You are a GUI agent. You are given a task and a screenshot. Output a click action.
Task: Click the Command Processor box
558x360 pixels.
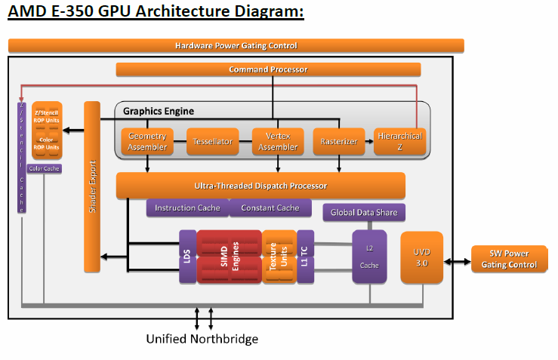coord(268,69)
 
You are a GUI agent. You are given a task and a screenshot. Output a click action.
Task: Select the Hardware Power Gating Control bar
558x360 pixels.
coord(236,45)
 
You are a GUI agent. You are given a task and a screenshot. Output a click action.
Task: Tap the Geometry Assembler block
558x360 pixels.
coord(147,141)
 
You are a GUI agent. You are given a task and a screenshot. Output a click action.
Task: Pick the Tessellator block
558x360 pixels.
coord(212,141)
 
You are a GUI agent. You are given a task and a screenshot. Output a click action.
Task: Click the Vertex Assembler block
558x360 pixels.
coord(278,141)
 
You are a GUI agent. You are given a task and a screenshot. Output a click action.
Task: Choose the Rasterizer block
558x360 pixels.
coord(338,141)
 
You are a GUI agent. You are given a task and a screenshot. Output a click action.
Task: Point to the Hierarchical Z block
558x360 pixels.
coord(399,141)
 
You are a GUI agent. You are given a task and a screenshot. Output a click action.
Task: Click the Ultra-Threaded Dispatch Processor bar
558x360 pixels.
coord(261,186)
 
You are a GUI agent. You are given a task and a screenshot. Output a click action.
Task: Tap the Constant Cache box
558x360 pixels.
coord(270,208)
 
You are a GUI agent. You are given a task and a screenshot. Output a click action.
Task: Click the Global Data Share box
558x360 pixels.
coord(364,212)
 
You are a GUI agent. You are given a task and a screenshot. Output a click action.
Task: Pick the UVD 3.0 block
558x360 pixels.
coord(421,257)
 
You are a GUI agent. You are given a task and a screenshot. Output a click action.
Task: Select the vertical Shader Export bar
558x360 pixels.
coord(92,187)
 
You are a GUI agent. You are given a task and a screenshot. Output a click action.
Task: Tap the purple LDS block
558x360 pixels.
coord(187,257)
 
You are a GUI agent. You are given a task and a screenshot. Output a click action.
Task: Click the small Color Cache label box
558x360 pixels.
coord(44,168)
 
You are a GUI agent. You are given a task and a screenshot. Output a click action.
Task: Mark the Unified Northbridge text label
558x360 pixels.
coord(202,339)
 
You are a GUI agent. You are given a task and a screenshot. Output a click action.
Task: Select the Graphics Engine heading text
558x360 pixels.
coord(159,111)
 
